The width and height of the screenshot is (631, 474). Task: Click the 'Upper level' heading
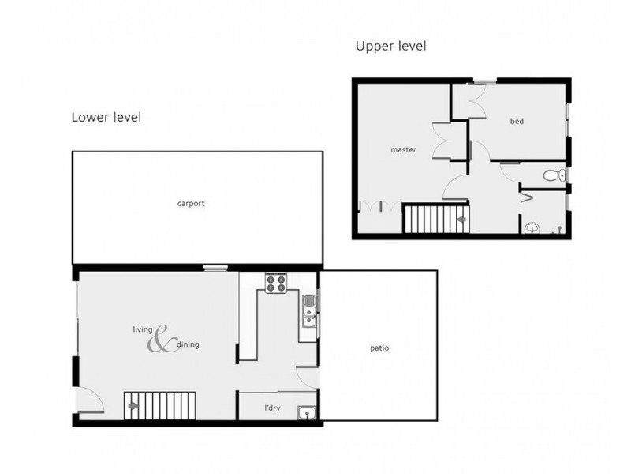pos(390,47)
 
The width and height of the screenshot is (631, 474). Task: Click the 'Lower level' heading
pos(106,118)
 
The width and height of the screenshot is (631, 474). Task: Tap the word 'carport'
pos(191,204)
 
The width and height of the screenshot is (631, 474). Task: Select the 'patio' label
pos(379,348)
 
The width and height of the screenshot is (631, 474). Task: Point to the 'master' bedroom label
pos(403,149)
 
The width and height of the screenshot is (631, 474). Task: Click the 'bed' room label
pos(517,121)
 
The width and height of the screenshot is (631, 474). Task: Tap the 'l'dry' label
pos(273,409)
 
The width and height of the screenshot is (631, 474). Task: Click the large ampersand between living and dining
pos(162,339)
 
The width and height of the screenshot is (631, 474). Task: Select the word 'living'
pos(141,330)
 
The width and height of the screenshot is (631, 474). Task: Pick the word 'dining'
pos(188,345)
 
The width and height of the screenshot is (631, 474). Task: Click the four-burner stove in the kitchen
pos(275,283)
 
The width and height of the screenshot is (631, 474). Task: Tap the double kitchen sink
pos(308,310)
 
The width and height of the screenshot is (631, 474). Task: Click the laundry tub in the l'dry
pos(305,412)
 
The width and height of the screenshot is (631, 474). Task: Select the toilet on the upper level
pos(556,175)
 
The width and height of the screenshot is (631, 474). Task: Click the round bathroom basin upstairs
pos(532,228)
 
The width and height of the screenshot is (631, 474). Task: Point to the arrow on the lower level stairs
pos(133,406)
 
